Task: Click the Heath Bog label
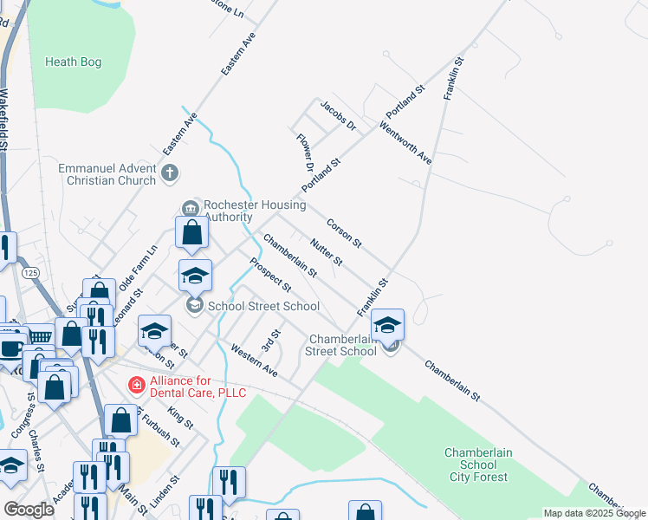pos(73,62)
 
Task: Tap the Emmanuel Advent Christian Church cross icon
pos(170,174)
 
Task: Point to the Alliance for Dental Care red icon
pos(136,384)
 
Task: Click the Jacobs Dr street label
pos(339,116)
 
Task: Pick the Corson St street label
pos(343,231)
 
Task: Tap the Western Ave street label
pos(254,360)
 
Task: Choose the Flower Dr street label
pos(304,151)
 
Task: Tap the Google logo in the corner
pos(29,510)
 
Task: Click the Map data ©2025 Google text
pos(594,513)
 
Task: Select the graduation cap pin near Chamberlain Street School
pos(387,325)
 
